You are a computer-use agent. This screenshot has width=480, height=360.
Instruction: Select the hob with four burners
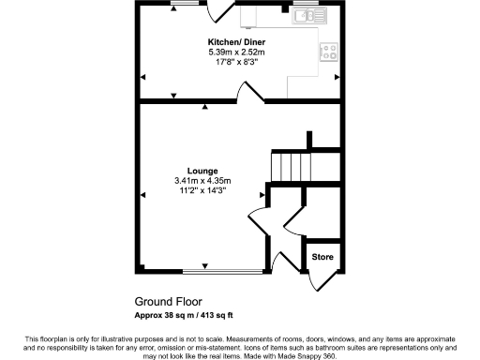pyautogui.click(x=330, y=52)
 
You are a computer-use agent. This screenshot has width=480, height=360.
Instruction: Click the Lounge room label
pyautogui.click(x=201, y=171)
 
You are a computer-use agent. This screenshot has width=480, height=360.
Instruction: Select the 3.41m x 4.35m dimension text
pyautogui.click(x=201, y=181)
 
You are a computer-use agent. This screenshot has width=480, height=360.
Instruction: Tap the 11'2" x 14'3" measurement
pyautogui.click(x=201, y=191)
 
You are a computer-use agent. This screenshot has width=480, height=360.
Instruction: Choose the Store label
pyautogui.click(x=322, y=257)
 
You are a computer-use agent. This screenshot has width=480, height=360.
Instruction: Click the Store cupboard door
pyautogui.click(x=319, y=278)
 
